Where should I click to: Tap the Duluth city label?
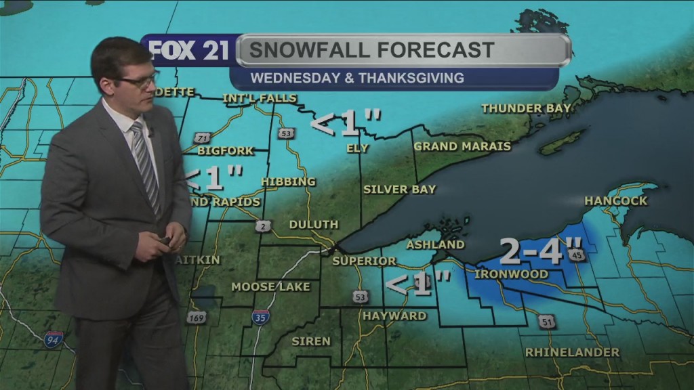(313, 224)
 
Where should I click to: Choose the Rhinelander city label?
(572, 352)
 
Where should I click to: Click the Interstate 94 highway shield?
(54, 339)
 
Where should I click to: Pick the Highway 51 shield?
(547, 321)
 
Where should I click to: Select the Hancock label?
(615, 201)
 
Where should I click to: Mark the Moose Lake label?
(270, 287)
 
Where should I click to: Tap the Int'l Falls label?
(260, 98)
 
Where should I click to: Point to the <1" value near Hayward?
(418, 283)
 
